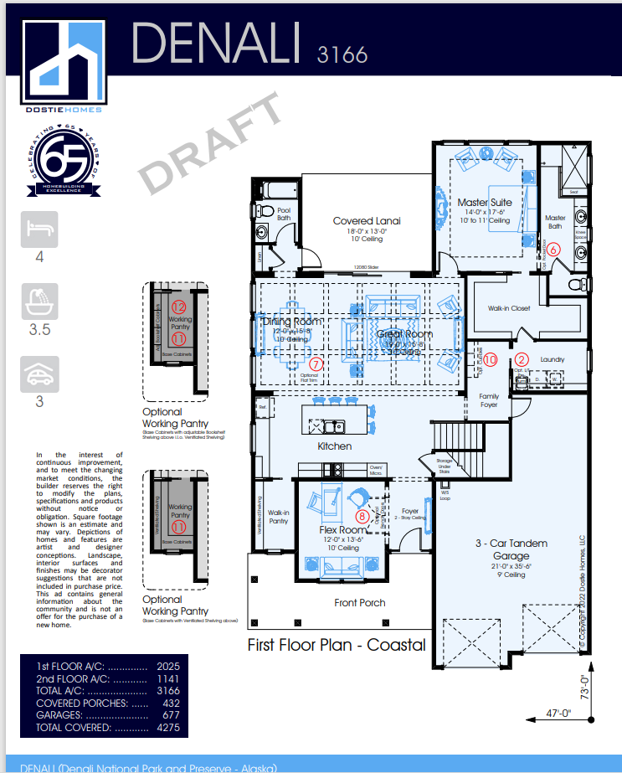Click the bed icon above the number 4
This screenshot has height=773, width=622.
39,229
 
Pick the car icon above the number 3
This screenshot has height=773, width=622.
39,375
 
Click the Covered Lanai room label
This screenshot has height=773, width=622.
367,221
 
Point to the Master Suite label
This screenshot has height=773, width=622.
484,203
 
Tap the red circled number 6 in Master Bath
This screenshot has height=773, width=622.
553,249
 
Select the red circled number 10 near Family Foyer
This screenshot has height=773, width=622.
491,359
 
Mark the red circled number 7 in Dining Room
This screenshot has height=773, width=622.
315,364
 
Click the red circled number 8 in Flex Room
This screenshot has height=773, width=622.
362,516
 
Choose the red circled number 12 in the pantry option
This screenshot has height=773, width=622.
178,308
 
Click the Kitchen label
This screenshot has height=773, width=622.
334,446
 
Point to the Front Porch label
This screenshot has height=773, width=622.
359,603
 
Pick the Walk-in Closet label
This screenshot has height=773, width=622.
509,308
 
